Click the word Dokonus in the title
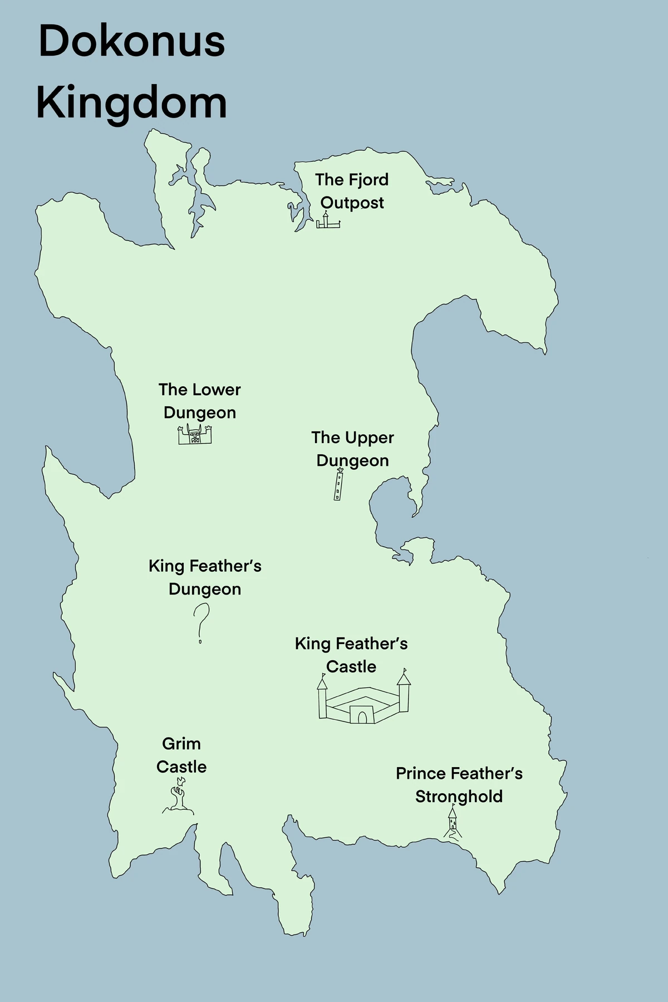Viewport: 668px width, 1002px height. tap(132, 42)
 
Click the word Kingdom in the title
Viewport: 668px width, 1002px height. tap(132, 103)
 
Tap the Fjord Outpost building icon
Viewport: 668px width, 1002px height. tap(328, 221)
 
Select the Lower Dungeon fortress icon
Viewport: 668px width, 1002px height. tap(195, 434)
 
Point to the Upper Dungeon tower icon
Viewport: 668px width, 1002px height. tap(338, 485)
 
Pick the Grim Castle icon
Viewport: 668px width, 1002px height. tap(178, 798)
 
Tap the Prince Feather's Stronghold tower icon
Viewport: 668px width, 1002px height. tap(453, 823)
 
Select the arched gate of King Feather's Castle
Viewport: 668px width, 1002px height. tap(362, 717)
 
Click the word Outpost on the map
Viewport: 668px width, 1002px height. tap(352, 203)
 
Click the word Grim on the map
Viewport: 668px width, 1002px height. tap(181, 744)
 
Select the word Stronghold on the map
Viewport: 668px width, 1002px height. tap(459, 797)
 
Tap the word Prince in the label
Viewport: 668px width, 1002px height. tap(421, 774)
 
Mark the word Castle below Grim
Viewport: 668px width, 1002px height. tap(181, 767)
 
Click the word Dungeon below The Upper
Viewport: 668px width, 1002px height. tap(352, 461)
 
